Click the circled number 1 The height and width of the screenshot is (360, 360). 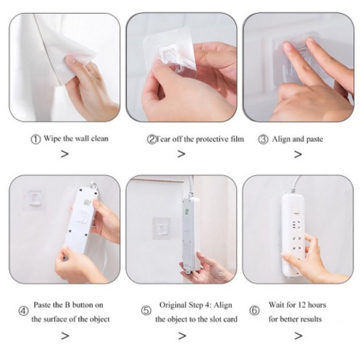pyautogui.click(x=35, y=140)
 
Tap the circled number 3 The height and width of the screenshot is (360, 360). pyautogui.click(x=263, y=140)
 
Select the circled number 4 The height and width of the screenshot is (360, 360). pyautogui.click(x=23, y=311)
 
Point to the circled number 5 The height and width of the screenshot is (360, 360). pyautogui.click(x=146, y=311)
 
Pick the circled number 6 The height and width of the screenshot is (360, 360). pyautogui.click(x=254, y=311)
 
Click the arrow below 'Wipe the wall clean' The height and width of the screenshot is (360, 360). pyautogui.click(x=64, y=154)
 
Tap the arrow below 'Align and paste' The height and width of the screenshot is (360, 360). pyautogui.click(x=298, y=154)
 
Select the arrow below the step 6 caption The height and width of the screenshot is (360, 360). pyautogui.click(x=298, y=335)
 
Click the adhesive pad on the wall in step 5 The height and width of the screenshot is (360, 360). pyautogui.click(x=162, y=228)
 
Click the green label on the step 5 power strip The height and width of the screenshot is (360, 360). pyautogui.click(x=187, y=212)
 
